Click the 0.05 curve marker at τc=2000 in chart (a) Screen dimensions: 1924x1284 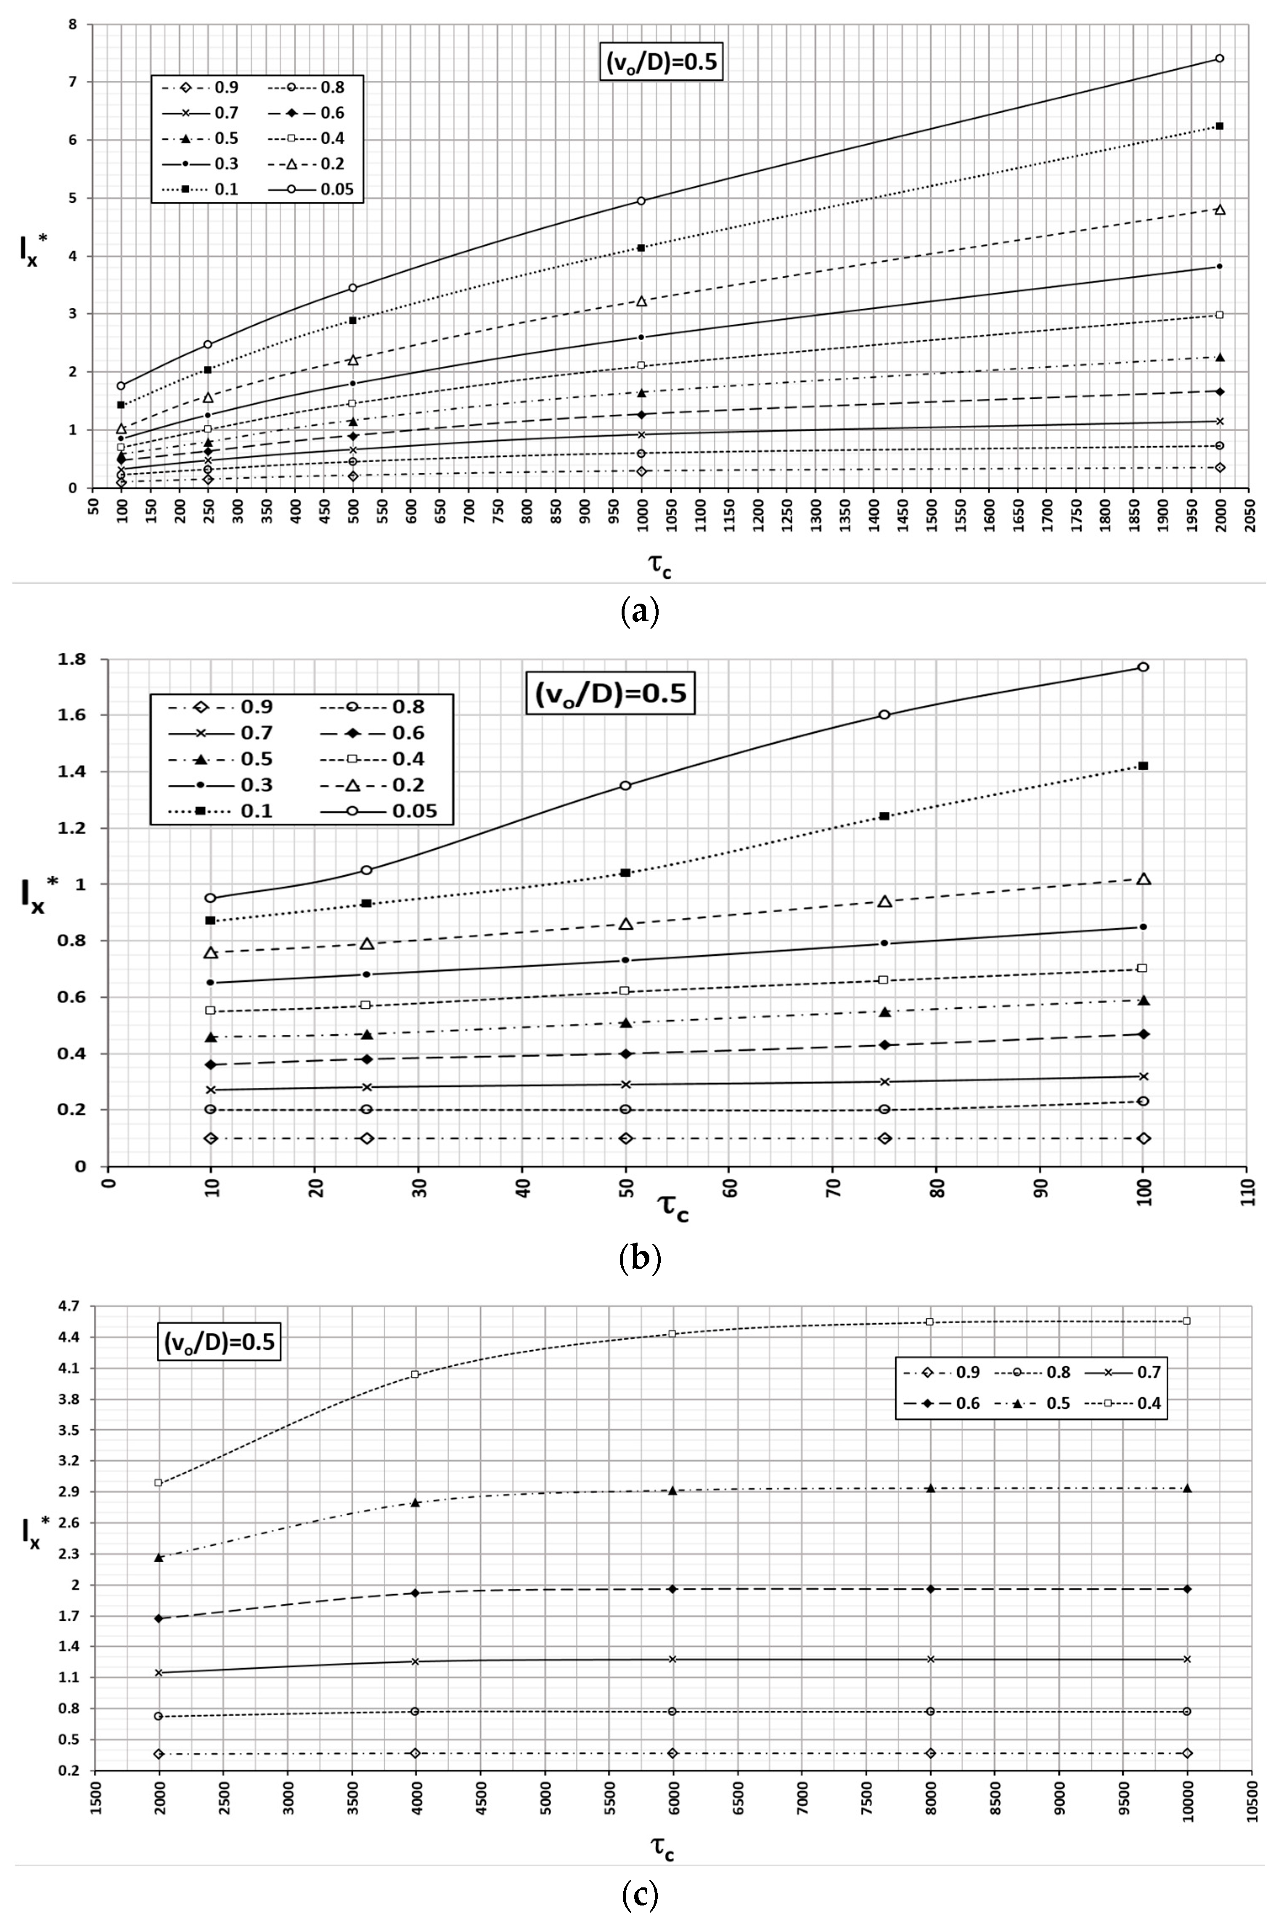point(1219,58)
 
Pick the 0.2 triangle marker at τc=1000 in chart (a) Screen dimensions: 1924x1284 point(641,301)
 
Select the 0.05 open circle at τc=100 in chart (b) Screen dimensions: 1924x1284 point(1143,667)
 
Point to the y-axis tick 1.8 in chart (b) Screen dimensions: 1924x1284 point(83,660)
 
